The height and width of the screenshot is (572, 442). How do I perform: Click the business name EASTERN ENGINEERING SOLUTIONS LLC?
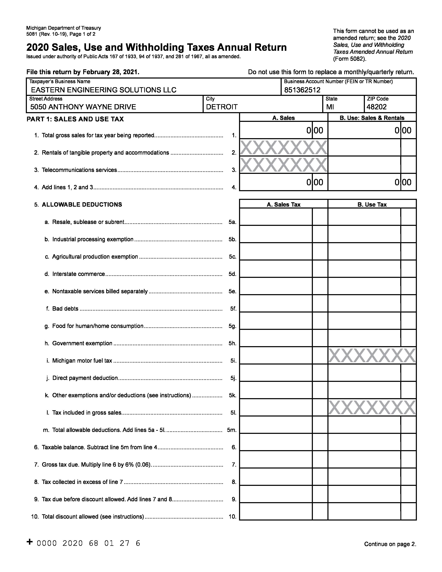103,90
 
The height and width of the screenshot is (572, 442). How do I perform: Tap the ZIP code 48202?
376,107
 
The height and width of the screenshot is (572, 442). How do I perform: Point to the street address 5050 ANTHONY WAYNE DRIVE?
83,107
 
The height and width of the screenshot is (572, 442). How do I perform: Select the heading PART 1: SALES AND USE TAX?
75,119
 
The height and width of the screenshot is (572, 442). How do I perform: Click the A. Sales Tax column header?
284,205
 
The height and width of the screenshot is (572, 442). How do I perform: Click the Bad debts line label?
65,309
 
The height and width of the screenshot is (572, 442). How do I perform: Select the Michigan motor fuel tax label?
82,361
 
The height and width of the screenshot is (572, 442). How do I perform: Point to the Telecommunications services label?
79,170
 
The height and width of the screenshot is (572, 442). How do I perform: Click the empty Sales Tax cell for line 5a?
276,217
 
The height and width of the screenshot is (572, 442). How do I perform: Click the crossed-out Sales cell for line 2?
284,148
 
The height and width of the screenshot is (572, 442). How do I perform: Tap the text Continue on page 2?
390,544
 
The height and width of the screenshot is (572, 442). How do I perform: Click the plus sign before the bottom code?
30,542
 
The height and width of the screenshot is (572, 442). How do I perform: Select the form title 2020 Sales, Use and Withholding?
156,47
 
